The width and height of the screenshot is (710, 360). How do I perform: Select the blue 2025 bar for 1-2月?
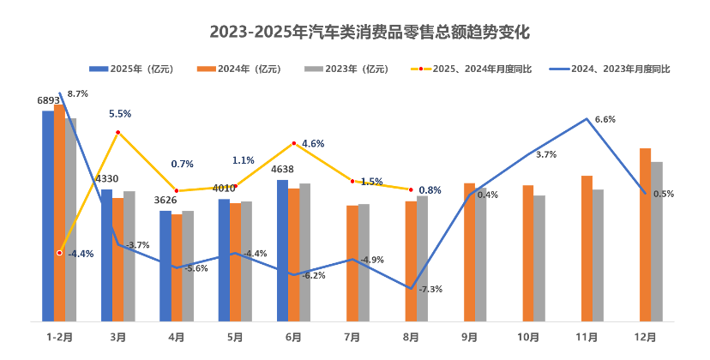(x=47, y=214)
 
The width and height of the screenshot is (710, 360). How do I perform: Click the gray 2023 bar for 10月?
(x=539, y=258)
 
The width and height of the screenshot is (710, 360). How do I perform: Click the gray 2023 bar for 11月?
(x=598, y=255)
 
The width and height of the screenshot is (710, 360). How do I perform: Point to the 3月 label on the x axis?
(x=117, y=338)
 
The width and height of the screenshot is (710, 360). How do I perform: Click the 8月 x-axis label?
(x=411, y=338)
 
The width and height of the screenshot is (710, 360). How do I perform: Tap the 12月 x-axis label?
(x=645, y=338)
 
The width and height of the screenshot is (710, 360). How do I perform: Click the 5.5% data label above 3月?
(x=119, y=114)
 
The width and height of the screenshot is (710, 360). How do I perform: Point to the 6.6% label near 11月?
(x=604, y=119)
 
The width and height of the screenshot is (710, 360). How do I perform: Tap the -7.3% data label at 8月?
(x=430, y=289)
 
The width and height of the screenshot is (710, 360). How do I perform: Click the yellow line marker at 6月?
(x=294, y=143)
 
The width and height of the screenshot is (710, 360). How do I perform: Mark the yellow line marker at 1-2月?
(x=59, y=253)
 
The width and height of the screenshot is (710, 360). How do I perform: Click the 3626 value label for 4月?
(x=165, y=201)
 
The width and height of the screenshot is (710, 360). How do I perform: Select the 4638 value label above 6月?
(x=282, y=170)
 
